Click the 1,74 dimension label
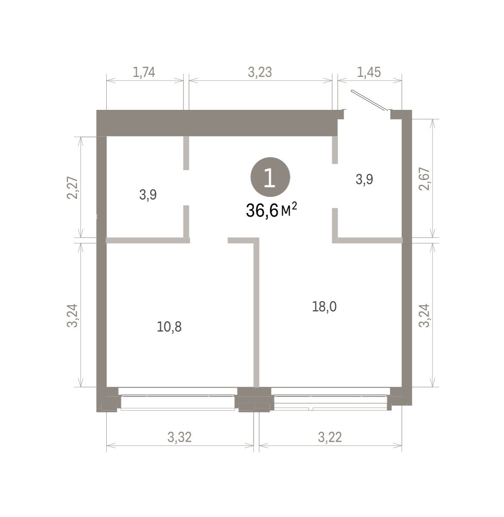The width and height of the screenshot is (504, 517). pyautogui.click(x=144, y=72)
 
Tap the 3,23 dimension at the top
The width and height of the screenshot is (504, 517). pyautogui.click(x=260, y=72)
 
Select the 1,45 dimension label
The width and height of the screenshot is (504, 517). pyautogui.click(x=369, y=72)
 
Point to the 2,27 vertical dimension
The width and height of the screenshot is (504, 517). pyautogui.click(x=72, y=187)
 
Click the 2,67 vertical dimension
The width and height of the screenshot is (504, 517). pyautogui.click(x=424, y=179)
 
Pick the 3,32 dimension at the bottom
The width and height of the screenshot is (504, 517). pyautogui.click(x=179, y=437)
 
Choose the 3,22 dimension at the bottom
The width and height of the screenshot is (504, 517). pyautogui.click(x=330, y=437)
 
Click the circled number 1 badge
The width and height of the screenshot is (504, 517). pyautogui.click(x=270, y=177)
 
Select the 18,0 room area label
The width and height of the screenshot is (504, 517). pyautogui.click(x=325, y=307)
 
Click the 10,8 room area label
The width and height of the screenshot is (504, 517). pyautogui.click(x=169, y=327)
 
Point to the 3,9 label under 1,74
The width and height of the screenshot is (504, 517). pyautogui.click(x=148, y=195)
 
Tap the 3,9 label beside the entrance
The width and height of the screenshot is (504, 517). pyautogui.click(x=365, y=179)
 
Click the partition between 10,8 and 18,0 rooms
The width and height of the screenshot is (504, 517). pyautogui.click(x=257, y=312)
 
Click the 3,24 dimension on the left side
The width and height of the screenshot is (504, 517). pyautogui.click(x=72, y=315)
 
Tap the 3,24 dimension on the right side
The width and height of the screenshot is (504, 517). pyautogui.click(x=424, y=315)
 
